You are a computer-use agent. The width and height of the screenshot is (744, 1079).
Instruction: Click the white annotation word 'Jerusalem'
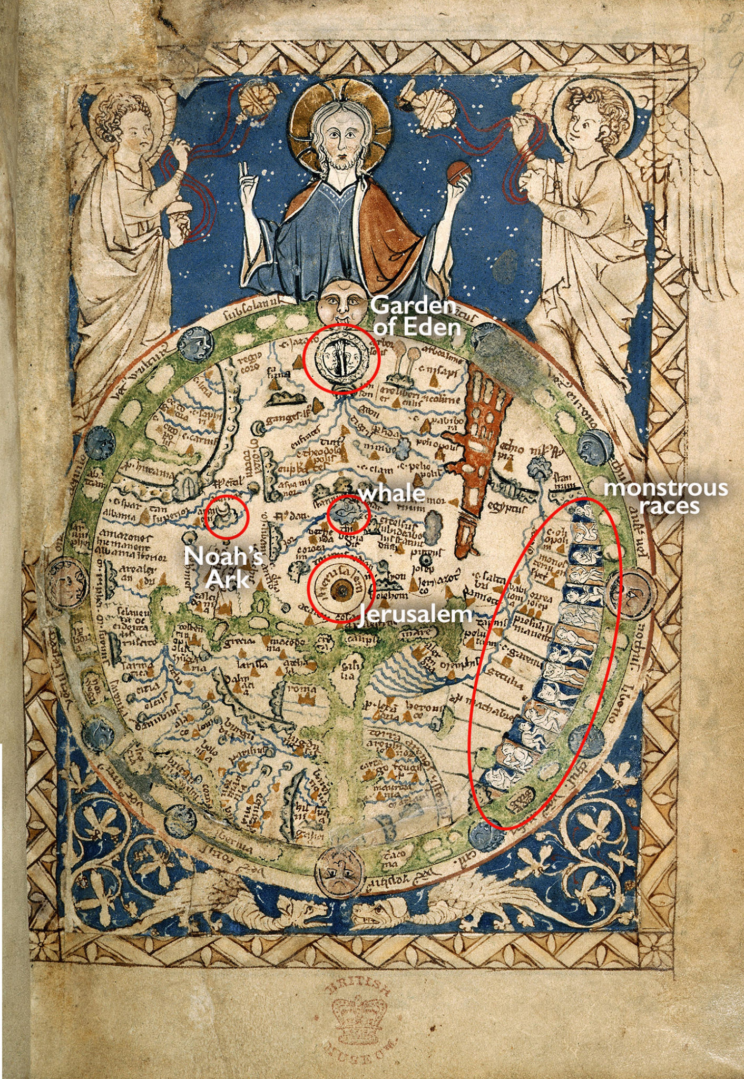click(415, 614)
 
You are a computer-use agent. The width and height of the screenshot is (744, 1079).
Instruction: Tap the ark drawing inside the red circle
click(226, 514)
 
